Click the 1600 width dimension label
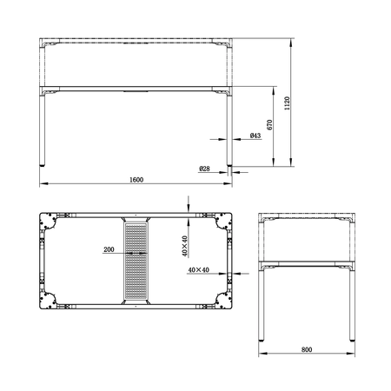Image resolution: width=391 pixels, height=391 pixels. (136, 180)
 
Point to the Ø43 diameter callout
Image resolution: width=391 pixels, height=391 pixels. (255, 136)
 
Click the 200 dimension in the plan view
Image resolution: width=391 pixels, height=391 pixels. (109, 249)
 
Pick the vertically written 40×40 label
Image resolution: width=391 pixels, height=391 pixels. (184, 247)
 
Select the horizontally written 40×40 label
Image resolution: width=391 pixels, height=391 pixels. (198, 270)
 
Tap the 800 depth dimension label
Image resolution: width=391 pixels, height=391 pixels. (307, 350)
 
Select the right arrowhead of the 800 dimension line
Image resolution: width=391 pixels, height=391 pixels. (354, 354)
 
